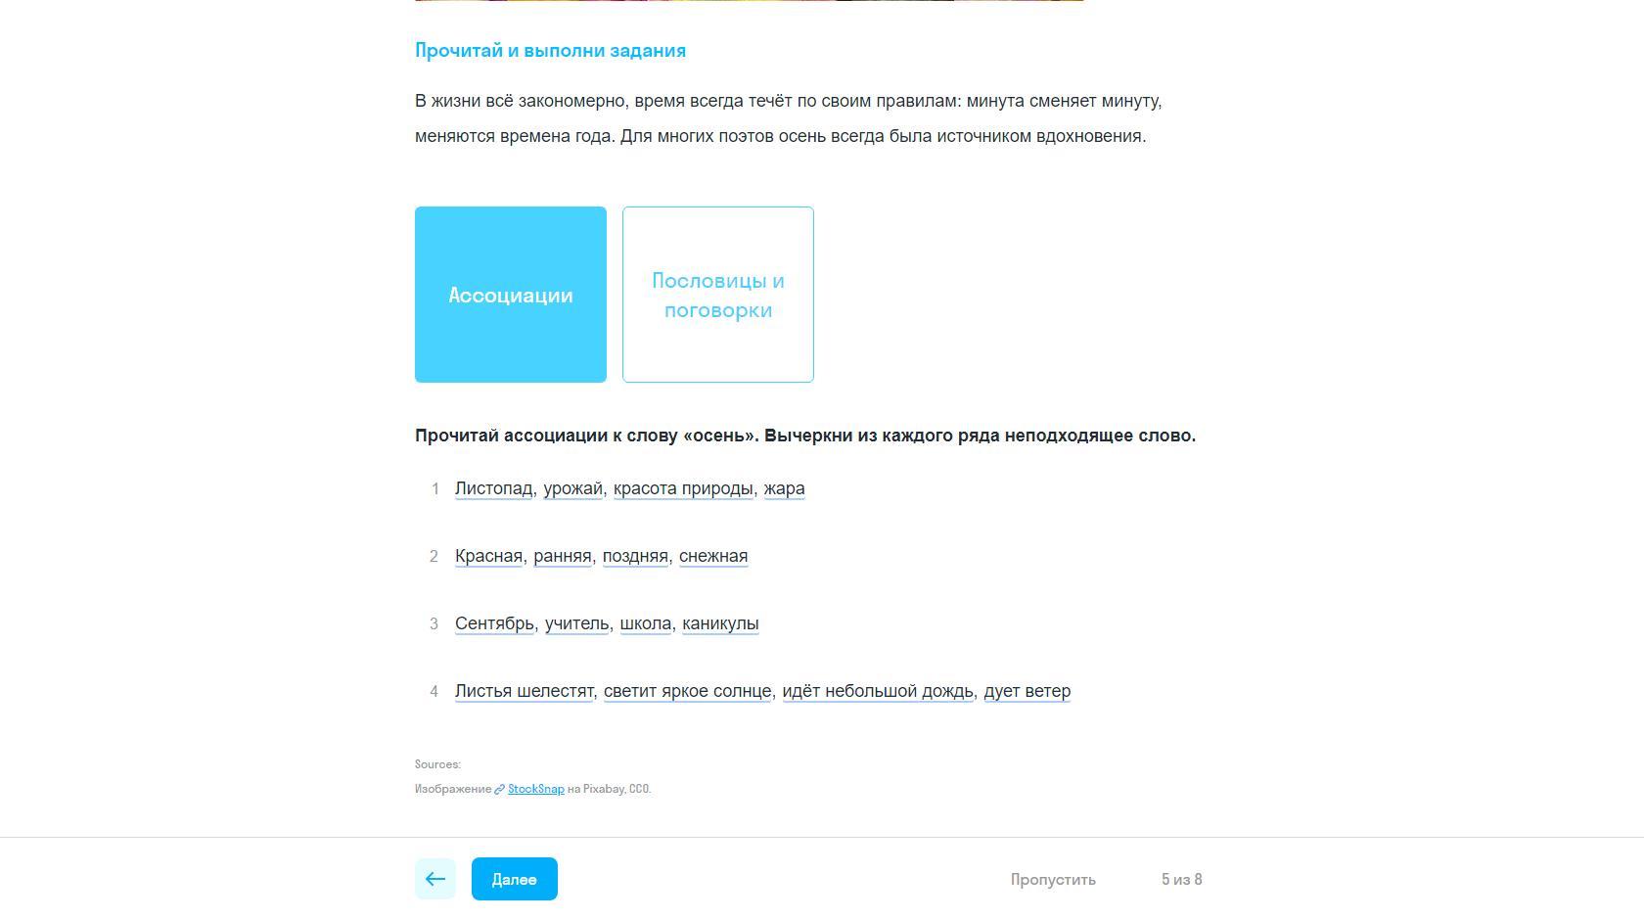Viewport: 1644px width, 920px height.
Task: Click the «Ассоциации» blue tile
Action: coord(510,295)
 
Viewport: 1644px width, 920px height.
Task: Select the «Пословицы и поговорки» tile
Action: coord(717,295)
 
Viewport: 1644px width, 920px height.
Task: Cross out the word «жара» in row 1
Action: coord(784,488)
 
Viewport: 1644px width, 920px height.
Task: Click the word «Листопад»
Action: coord(493,488)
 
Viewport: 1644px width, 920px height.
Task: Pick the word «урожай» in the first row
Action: coord(572,488)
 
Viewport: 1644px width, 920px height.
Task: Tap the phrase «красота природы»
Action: coord(682,488)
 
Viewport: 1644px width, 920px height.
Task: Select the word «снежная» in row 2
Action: coord(712,556)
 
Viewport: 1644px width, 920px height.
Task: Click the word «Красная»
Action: coord(488,556)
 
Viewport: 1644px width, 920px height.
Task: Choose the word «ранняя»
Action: coord(562,556)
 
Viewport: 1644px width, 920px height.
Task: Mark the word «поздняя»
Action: coord(634,556)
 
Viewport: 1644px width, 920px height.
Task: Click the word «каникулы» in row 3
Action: coord(719,623)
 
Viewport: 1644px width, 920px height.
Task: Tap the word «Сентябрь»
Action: coord(494,623)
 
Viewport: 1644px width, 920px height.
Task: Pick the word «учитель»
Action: coord(576,623)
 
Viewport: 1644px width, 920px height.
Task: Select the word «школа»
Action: coord(645,623)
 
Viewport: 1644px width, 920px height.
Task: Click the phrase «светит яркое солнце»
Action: coord(687,691)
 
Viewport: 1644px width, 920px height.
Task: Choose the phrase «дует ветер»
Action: coord(1027,691)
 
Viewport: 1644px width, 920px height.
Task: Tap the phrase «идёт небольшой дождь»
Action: coord(878,691)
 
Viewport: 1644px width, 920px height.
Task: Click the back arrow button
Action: coord(435,879)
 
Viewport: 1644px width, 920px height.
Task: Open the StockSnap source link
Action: coord(535,789)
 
